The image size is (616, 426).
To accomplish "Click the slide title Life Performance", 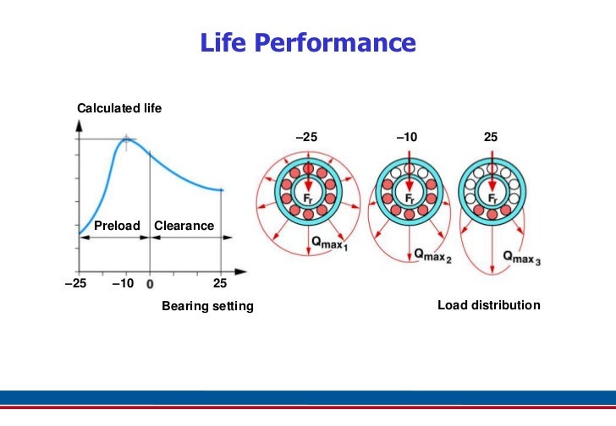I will [x=308, y=42].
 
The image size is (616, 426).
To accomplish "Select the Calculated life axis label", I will [x=119, y=109].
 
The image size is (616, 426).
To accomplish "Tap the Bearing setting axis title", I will [x=207, y=306].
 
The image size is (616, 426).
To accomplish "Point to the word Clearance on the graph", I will [x=184, y=226].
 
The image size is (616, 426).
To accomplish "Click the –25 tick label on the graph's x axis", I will [x=76, y=283].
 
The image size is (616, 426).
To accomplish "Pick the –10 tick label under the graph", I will [x=123, y=283].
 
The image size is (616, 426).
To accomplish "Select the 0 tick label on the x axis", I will [x=150, y=284].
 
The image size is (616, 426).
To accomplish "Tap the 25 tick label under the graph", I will [x=220, y=283].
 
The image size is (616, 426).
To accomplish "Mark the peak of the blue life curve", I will [x=127, y=139].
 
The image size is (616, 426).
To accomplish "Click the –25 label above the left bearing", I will [x=308, y=137].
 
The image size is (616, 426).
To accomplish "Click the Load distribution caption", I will [x=488, y=305].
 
